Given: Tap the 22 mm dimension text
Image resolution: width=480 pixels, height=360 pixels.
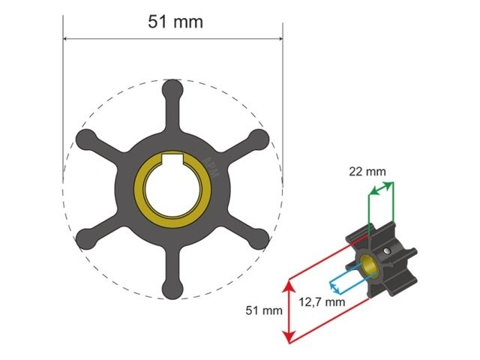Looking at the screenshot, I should pyautogui.click(x=367, y=171).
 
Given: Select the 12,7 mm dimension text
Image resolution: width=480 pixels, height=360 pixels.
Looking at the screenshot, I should pyautogui.click(x=325, y=301).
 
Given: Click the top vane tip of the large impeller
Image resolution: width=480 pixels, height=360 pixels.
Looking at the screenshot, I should pyautogui.click(x=173, y=88).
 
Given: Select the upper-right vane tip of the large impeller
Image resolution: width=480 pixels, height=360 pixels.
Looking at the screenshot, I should pyautogui.click(x=259, y=138).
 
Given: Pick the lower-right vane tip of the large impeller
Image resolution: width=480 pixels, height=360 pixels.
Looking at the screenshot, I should pyautogui.click(x=259, y=239).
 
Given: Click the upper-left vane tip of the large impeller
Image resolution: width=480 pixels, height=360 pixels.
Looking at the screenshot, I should pyautogui.click(x=85, y=138).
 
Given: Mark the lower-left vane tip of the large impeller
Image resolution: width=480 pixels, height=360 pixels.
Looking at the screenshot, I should pyautogui.click(x=85, y=239).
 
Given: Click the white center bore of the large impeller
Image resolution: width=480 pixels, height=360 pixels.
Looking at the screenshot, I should pyautogui.click(x=173, y=189).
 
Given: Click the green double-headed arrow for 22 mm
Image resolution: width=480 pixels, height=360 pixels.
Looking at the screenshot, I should pyautogui.click(x=381, y=193).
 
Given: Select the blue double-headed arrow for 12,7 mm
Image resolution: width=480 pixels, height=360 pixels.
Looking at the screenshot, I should pyautogui.click(x=342, y=279).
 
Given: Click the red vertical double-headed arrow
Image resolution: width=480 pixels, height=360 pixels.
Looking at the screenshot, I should pyautogui.click(x=288, y=310).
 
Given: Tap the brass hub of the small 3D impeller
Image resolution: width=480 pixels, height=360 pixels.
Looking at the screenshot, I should pyautogui.click(x=368, y=264).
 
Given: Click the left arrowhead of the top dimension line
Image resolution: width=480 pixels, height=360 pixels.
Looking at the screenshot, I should pyautogui.click(x=66, y=39).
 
